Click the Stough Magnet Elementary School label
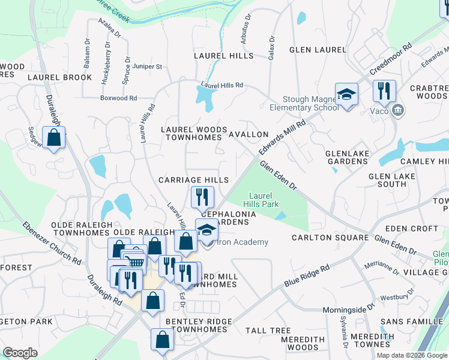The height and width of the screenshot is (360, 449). (311, 104)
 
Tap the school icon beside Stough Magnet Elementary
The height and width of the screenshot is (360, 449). (346, 95)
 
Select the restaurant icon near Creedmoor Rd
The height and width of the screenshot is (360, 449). (384, 91)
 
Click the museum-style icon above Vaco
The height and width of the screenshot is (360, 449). (397, 110)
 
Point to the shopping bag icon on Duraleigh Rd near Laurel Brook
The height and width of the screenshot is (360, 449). (54, 138)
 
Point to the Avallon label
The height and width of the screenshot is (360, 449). (249, 134)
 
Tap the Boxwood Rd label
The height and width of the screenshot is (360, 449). (119, 98)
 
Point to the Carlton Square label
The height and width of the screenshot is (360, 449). (330, 238)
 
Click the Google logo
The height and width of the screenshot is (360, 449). (20, 352)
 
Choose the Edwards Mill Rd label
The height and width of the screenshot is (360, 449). (283, 137)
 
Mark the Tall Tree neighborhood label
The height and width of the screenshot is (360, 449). (268, 331)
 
